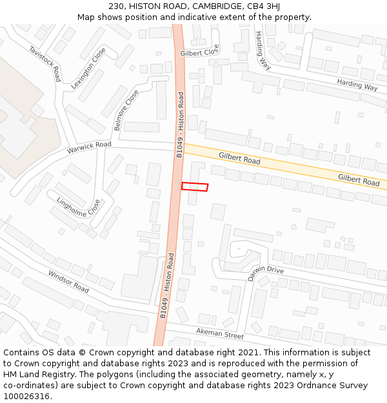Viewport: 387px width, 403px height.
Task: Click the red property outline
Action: tap(195, 186)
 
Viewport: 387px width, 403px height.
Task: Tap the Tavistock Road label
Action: tap(45, 64)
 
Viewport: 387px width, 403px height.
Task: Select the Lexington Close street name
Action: tap(88, 68)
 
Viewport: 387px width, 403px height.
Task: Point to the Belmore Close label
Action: tap(126, 110)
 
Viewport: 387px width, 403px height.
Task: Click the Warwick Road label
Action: tap(89, 148)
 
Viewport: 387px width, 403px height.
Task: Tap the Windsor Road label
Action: tap(68, 281)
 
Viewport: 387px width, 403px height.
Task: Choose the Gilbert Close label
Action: tap(200, 52)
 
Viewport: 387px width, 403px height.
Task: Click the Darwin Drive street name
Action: tap(266, 273)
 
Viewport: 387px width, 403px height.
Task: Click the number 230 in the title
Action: tap(126, 6)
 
